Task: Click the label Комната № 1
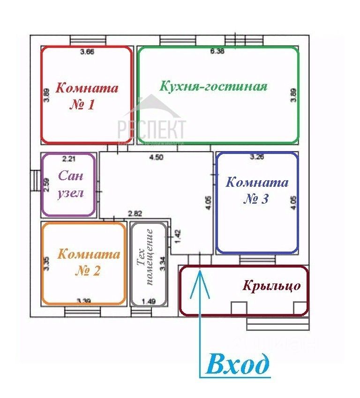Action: coord(87,96)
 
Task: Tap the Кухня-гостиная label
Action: coord(213,86)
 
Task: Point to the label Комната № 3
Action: coord(256,190)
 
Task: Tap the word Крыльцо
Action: coord(271,286)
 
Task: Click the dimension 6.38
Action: coord(217,52)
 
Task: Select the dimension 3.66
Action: coord(87,52)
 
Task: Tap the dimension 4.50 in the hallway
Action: coord(156,158)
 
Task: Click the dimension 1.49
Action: coord(148,301)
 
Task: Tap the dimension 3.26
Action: coord(257,158)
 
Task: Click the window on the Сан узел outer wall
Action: coord(35,181)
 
